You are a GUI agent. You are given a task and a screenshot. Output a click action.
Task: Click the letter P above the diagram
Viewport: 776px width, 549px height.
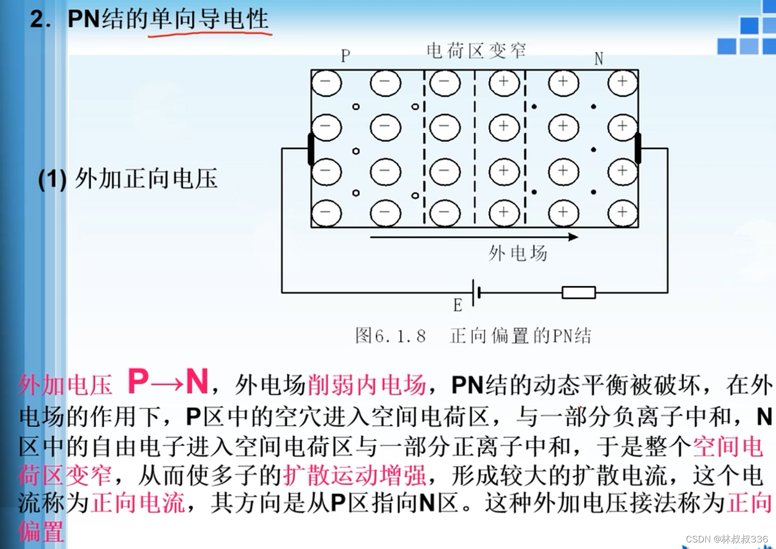click(x=346, y=56)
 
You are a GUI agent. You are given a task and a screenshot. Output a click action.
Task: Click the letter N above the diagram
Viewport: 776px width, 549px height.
click(x=599, y=59)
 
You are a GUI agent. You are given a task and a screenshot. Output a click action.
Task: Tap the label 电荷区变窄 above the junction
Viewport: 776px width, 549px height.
click(x=476, y=51)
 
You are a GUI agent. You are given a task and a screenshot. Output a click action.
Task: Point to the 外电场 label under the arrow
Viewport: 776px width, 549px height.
click(x=517, y=253)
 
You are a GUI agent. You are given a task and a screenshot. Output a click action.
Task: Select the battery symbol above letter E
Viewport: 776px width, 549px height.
click(x=476, y=293)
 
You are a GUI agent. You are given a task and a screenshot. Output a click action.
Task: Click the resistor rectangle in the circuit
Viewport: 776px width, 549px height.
click(x=578, y=293)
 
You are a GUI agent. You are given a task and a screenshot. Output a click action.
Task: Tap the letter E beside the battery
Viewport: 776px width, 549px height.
click(x=457, y=306)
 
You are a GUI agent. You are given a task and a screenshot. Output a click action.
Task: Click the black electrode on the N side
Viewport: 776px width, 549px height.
click(x=638, y=148)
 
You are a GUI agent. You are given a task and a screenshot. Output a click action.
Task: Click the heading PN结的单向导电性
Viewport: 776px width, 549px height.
click(x=168, y=19)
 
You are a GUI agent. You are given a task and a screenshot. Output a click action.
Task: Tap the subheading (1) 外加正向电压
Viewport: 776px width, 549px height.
click(x=128, y=179)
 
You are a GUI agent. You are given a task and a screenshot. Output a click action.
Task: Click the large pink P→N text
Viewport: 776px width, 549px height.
click(x=168, y=381)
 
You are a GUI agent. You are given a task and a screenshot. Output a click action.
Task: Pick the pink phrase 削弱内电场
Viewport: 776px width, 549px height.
click(x=366, y=385)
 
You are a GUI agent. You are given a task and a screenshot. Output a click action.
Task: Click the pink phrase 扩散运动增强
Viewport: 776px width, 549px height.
click(x=354, y=475)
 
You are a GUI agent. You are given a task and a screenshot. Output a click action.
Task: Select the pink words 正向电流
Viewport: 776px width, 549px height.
click(x=138, y=503)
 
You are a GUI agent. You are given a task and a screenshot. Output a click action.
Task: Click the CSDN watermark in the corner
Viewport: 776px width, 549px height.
click(x=727, y=539)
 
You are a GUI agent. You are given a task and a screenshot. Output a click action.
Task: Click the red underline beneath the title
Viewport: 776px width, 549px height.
click(x=209, y=34)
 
